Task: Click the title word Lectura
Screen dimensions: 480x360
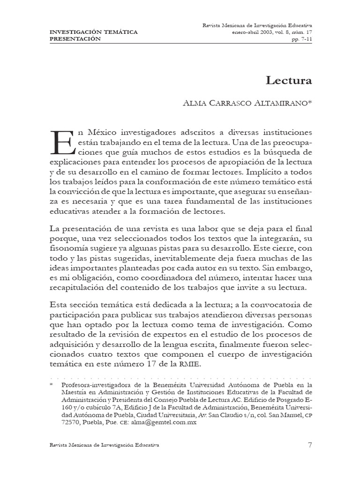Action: tap(289, 80)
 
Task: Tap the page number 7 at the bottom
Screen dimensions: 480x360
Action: tap(310, 445)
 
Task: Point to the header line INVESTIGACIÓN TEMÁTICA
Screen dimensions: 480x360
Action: tap(93, 32)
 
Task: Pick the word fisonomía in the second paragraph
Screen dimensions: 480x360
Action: tap(69, 248)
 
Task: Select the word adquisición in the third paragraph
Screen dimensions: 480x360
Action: tap(71, 346)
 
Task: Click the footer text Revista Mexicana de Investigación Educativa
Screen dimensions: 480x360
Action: tap(104, 445)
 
